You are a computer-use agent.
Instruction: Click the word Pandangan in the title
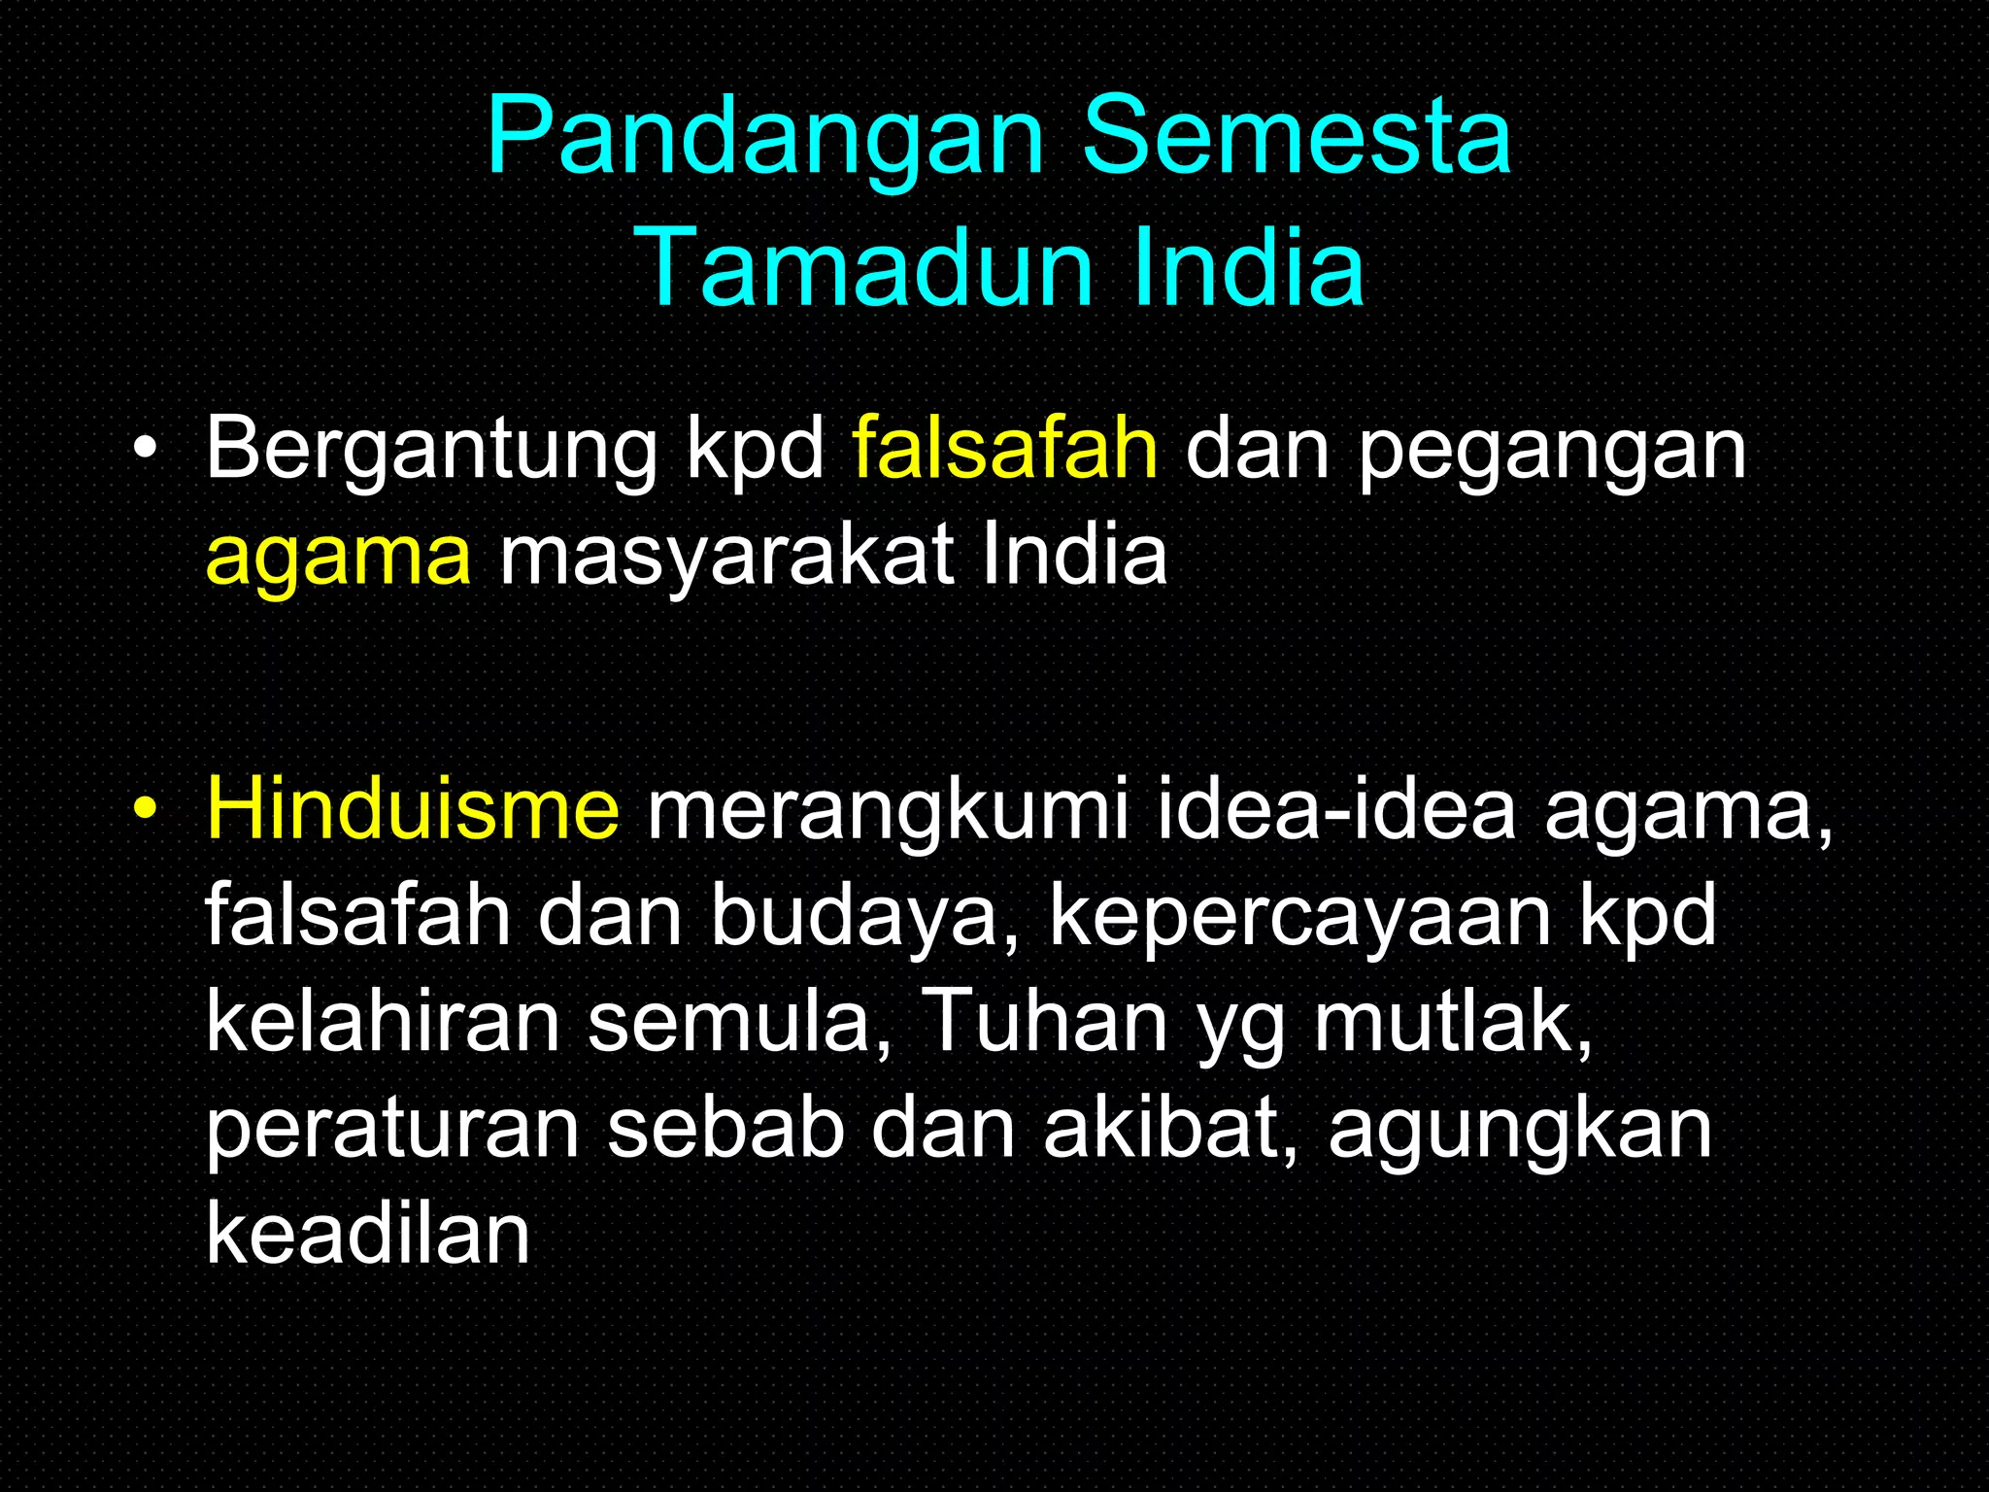click(765, 138)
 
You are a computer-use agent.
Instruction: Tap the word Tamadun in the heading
click(866, 267)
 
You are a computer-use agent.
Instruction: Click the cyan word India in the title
click(1248, 267)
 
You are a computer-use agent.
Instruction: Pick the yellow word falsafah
click(1005, 449)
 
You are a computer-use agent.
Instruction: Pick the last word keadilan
click(368, 1235)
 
